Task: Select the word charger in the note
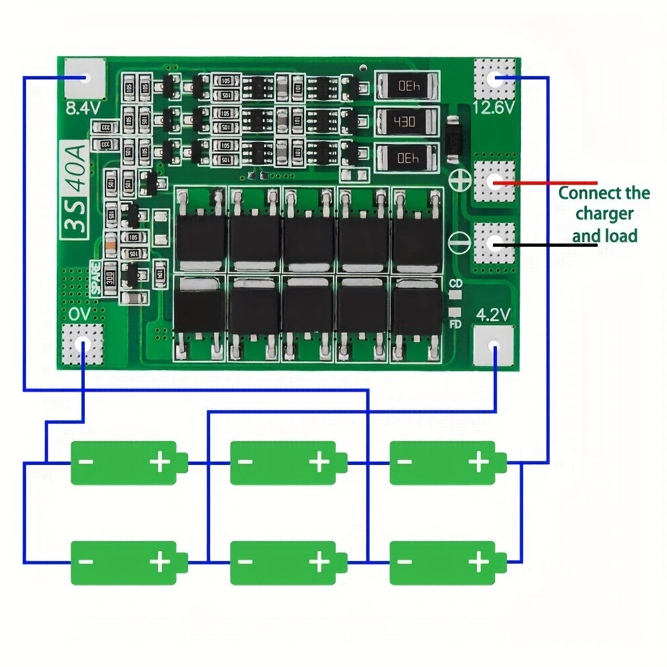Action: (604, 214)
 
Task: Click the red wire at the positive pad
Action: (554, 182)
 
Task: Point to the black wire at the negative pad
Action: (554, 244)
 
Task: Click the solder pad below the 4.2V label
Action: (494, 346)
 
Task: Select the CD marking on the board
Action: (456, 284)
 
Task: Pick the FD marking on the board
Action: (456, 325)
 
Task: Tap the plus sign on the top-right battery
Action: (478, 462)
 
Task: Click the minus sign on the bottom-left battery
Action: (85, 562)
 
